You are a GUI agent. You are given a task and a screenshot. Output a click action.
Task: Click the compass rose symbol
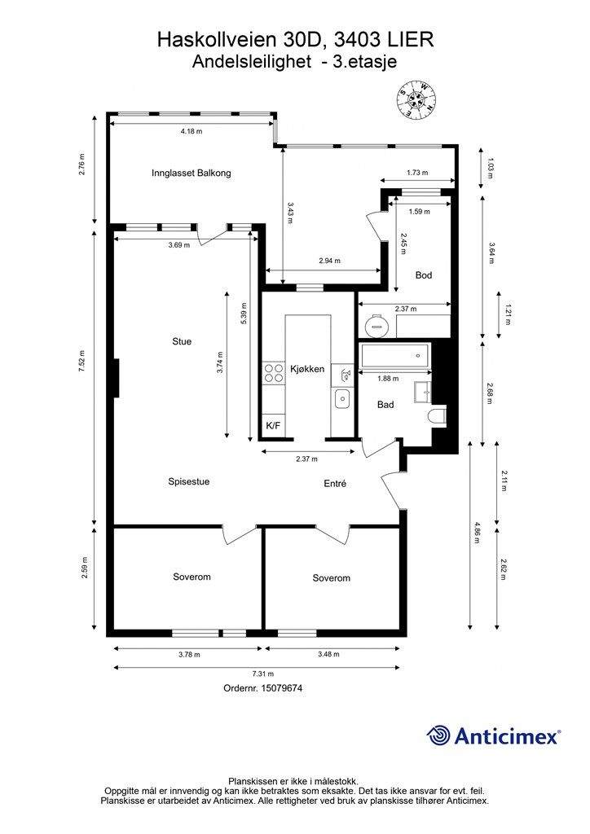point(417,99)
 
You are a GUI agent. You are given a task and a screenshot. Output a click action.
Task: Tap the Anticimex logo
point(493,736)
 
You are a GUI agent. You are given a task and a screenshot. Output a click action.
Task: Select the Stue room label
point(182,341)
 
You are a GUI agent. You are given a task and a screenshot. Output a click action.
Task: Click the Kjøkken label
point(307,369)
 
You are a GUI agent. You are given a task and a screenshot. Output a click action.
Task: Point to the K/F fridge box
point(273,425)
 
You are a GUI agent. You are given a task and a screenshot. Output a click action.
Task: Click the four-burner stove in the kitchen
point(274,373)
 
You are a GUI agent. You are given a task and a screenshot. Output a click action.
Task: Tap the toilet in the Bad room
point(438,415)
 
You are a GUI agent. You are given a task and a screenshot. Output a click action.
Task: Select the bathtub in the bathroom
point(394,356)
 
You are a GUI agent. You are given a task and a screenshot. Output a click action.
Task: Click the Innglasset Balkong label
point(191,173)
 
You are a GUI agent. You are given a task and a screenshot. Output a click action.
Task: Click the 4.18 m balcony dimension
point(192,131)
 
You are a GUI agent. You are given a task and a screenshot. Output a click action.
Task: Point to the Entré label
point(335,484)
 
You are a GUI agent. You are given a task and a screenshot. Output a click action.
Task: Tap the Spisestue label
point(189,482)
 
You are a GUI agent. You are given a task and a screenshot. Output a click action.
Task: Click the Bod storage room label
point(424,275)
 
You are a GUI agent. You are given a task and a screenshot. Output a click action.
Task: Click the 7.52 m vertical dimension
point(82,361)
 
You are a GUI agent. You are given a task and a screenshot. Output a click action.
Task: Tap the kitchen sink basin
point(341,397)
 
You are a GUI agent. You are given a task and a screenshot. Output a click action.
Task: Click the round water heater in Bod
point(377,325)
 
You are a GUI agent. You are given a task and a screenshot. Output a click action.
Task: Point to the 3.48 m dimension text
point(328,654)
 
